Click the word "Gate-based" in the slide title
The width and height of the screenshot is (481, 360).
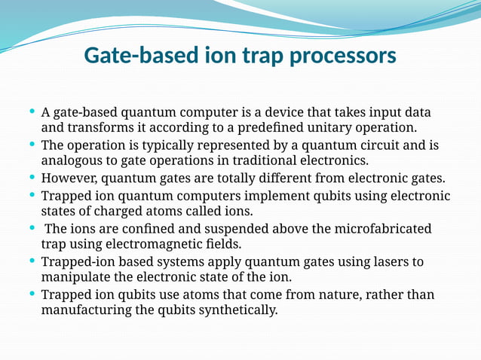141,56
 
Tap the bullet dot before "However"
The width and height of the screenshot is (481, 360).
32,178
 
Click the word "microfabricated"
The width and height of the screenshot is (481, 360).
381,228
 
